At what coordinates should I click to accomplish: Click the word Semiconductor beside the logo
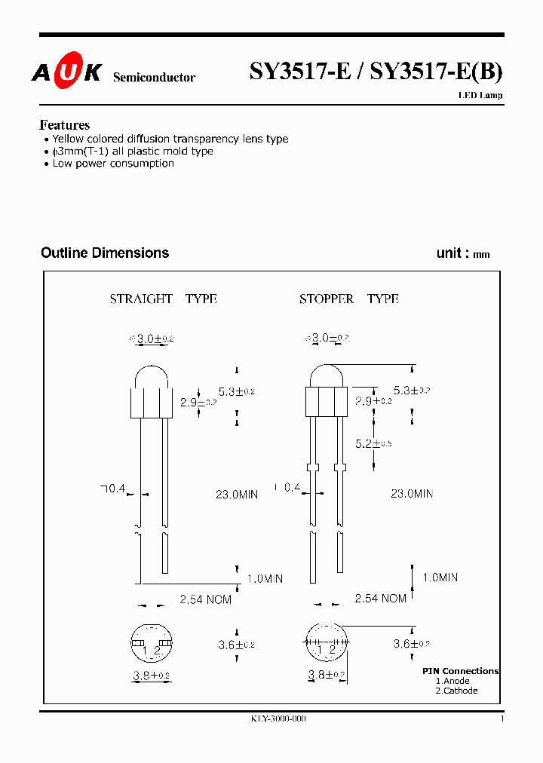(x=154, y=78)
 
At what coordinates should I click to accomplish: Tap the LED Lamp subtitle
(x=480, y=96)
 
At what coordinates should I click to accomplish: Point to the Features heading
(x=64, y=125)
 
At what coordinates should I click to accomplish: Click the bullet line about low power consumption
(x=112, y=164)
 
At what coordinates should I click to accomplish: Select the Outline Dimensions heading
(x=105, y=253)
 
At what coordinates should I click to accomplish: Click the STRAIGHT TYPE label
(x=164, y=299)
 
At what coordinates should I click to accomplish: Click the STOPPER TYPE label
(x=348, y=299)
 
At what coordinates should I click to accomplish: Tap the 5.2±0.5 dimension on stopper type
(x=374, y=443)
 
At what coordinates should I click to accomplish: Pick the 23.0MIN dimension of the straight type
(x=237, y=495)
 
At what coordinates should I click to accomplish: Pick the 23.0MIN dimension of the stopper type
(x=412, y=494)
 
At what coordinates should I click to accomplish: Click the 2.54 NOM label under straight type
(x=205, y=599)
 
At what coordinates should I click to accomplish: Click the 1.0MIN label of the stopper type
(x=440, y=578)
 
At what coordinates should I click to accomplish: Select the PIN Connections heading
(x=460, y=671)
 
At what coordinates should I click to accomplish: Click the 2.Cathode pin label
(x=456, y=691)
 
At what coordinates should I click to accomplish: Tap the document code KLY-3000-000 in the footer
(x=278, y=719)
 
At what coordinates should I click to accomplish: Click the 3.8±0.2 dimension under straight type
(x=151, y=676)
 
